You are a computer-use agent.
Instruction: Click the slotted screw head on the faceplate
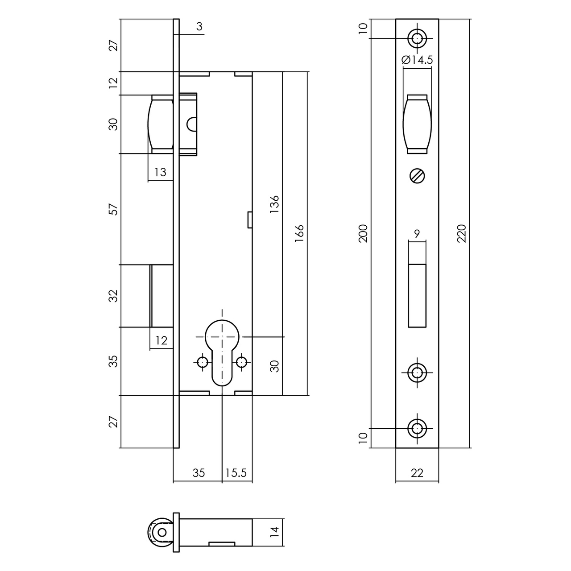417,176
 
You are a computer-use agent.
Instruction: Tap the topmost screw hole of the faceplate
417,38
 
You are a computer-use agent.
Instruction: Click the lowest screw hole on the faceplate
417,428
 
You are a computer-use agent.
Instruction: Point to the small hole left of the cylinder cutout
203,362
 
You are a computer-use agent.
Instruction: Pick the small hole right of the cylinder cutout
242,362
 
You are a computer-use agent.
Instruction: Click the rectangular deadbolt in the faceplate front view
417,295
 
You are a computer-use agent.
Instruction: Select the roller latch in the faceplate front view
417,124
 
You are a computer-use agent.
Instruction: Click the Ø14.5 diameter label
417,60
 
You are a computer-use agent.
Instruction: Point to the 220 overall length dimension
462,233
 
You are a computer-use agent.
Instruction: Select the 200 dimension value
364,233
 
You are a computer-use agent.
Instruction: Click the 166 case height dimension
299,233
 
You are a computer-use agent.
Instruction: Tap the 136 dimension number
275,204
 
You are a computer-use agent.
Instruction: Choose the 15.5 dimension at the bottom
236,472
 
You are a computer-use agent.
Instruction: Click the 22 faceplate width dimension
417,472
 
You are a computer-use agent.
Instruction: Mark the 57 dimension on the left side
114,209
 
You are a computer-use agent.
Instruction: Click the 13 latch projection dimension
160,172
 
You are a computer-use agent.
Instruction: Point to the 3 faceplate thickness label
199,27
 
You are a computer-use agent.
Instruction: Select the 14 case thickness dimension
275,531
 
